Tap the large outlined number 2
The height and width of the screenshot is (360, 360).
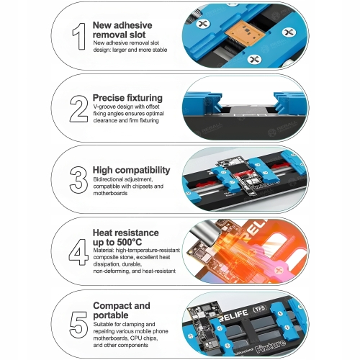[78, 109]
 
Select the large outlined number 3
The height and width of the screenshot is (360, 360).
[78, 180]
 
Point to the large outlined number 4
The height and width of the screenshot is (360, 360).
[78, 252]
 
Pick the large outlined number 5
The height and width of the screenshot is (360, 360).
[78, 325]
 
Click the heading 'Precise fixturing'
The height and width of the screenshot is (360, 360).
[127, 98]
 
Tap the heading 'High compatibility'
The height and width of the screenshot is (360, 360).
[131, 170]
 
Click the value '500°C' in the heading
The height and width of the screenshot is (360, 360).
[130, 242]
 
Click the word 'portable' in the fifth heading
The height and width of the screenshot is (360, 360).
[111, 315]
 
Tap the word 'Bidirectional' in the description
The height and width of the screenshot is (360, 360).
[107, 179]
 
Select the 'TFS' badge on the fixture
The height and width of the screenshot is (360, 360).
[259, 309]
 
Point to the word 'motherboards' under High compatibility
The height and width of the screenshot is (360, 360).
[110, 193]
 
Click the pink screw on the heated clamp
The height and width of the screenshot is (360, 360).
[279, 269]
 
